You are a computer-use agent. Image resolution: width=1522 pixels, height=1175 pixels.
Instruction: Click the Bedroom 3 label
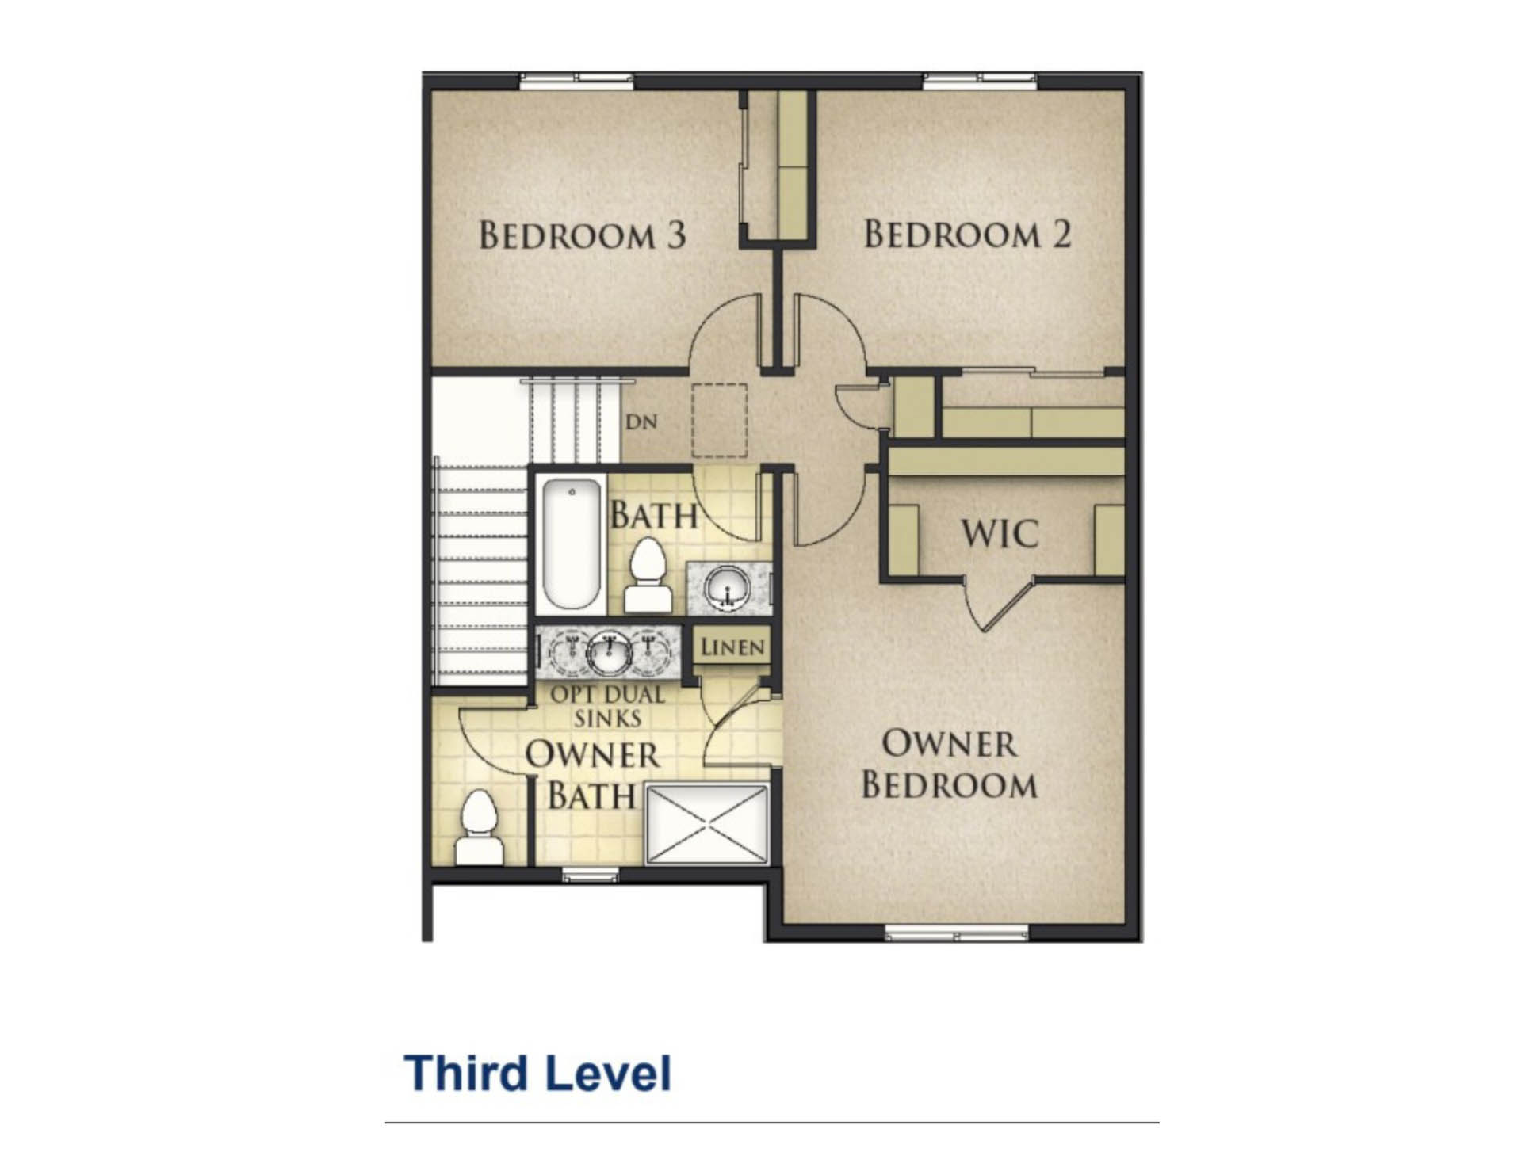pyautogui.click(x=583, y=235)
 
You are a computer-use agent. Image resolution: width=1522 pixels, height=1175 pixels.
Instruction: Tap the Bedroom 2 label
pyautogui.click(x=967, y=234)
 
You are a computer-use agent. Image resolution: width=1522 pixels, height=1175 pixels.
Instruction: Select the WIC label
pyautogui.click(x=1000, y=533)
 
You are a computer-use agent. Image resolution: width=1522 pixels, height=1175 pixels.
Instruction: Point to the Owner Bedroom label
pyautogui.click(x=949, y=765)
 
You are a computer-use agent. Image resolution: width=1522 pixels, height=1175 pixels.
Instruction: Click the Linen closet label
pyautogui.click(x=732, y=647)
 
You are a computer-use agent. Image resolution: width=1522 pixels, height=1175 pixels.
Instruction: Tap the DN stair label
pyautogui.click(x=641, y=422)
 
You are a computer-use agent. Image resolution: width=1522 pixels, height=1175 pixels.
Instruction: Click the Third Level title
pyautogui.click(x=537, y=1074)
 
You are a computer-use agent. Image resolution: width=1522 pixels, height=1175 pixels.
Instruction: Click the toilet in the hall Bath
pyautogui.click(x=648, y=575)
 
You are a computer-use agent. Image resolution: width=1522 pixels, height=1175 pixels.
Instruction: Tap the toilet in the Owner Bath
pyautogui.click(x=479, y=828)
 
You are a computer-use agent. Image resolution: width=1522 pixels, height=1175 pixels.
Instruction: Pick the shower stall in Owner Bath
pyautogui.click(x=707, y=823)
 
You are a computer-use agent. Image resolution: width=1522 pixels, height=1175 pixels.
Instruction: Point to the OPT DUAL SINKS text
pyautogui.click(x=608, y=706)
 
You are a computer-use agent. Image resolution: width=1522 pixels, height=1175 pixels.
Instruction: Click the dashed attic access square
pyautogui.click(x=719, y=421)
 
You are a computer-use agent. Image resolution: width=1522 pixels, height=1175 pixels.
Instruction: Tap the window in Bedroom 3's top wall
pyautogui.click(x=576, y=79)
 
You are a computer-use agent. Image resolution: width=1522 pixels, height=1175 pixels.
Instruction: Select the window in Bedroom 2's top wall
pyautogui.click(x=980, y=79)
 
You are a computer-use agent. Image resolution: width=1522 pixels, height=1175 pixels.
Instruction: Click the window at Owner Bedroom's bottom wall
pyautogui.click(x=956, y=935)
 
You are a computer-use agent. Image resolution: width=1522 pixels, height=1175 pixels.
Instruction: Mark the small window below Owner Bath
pyautogui.click(x=590, y=875)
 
